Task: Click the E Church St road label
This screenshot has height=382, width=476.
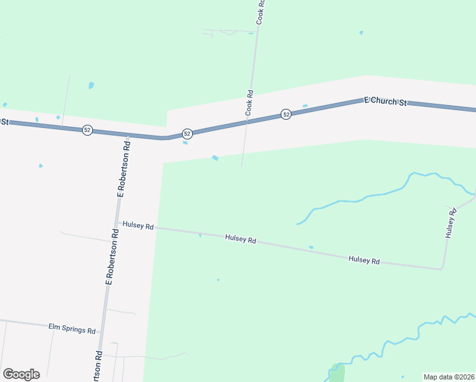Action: click(x=384, y=101)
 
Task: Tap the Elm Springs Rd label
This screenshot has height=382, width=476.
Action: click(x=72, y=330)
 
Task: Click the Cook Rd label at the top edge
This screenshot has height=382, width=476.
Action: click(x=260, y=12)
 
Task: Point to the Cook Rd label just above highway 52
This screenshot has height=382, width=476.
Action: click(x=249, y=103)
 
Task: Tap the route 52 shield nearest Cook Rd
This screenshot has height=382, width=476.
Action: click(x=286, y=114)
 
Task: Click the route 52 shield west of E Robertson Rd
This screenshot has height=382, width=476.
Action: click(x=87, y=130)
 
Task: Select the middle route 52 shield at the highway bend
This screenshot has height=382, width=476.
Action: click(x=187, y=134)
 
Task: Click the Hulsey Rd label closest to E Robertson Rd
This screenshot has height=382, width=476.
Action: click(x=139, y=225)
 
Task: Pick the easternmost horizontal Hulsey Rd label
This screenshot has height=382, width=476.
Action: click(x=364, y=260)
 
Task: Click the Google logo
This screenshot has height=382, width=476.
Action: click(x=21, y=374)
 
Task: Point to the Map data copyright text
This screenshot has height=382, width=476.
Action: click(x=449, y=377)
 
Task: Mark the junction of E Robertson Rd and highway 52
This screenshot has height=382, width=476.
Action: click(x=127, y=135)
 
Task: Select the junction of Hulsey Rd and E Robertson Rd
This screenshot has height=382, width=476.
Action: click(x=118, y=223)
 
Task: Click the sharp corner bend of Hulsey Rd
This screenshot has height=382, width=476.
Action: click(x=442, y=269)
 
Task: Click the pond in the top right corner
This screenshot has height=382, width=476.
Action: click(x=361, y=32)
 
